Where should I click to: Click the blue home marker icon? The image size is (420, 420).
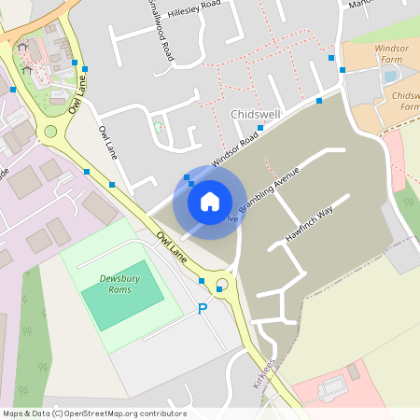[x=209, y=201]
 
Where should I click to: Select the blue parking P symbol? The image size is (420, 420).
[x=202, y=308]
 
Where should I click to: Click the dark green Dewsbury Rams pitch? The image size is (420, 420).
[x=121, y=296]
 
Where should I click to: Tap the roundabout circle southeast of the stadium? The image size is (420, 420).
[x=222, y=285]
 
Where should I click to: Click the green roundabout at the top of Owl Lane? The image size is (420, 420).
[x=50, y=131]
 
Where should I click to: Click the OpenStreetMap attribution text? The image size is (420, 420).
[x=94, y=413]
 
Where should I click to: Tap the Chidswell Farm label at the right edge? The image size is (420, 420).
[x=406, y=101]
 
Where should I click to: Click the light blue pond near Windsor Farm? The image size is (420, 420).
[x=390, y=75]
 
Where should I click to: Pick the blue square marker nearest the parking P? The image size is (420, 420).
[x=201, y=280]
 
